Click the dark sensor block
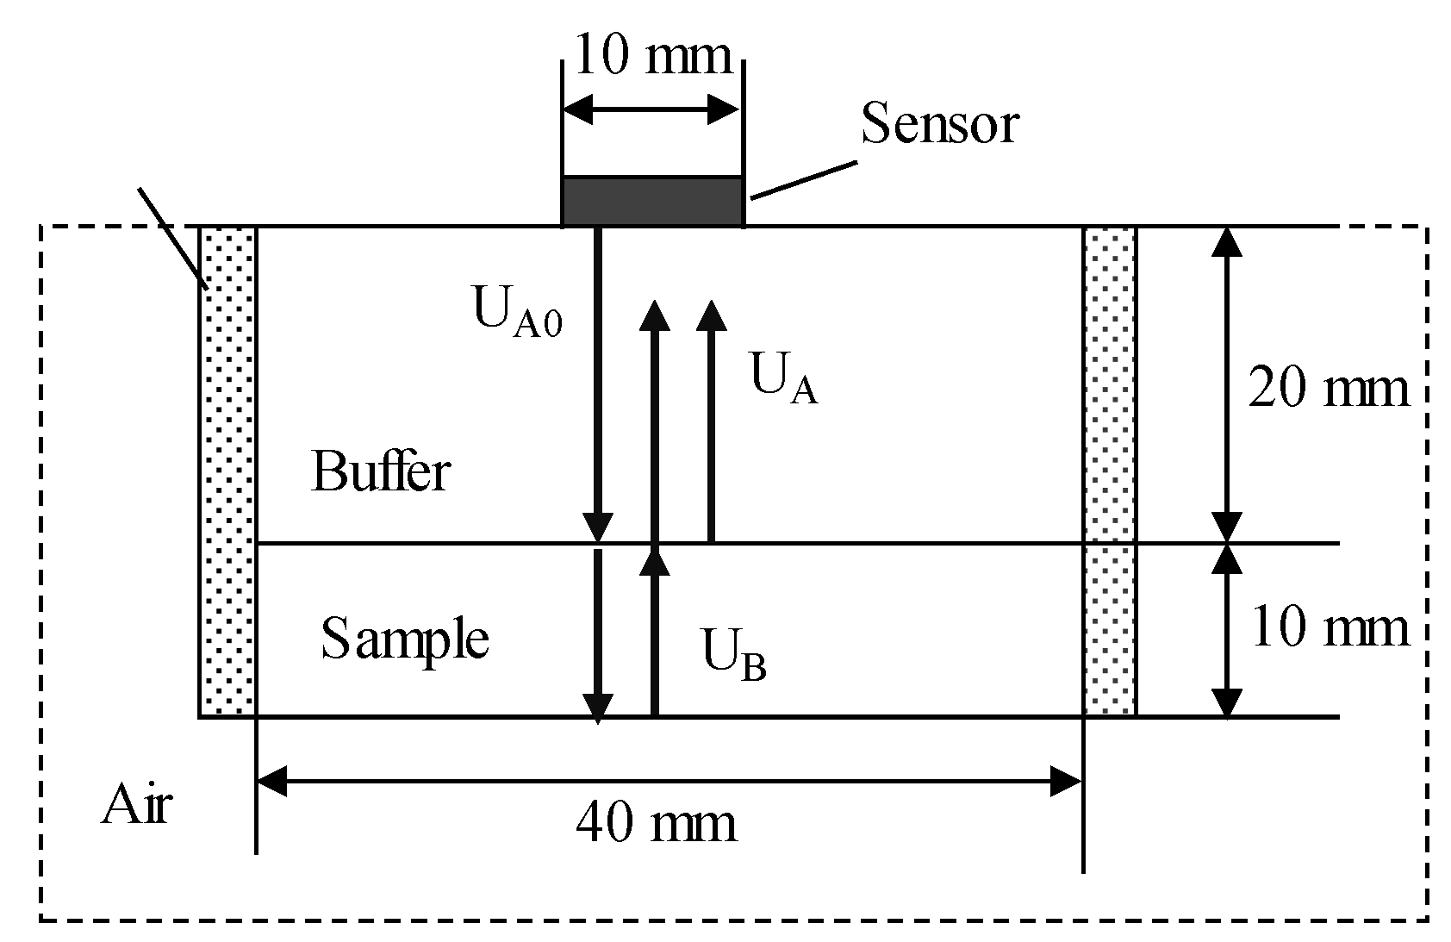(652, 201)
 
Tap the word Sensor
(940, 123)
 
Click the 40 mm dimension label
(656, 822)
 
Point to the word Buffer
(380, 471)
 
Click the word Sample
(405, 639)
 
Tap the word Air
(136, 806)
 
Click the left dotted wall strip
(228, 471)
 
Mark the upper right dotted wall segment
(1110, 384)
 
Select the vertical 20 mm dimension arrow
(1227, 384)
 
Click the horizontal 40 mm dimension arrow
(669, 783)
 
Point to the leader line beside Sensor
(803, 180)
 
